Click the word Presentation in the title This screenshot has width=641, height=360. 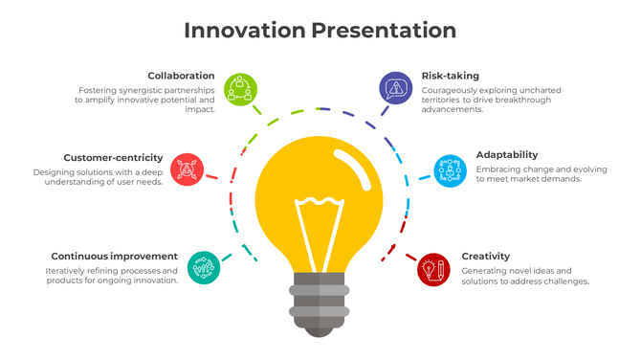pyautogui.click(x=383, y=30)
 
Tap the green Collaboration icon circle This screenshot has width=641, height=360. pyautogui.click(x=240, y=88)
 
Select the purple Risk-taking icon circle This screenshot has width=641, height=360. pyautogui.click(x=395, y=88)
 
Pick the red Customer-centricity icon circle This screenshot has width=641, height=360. pyautogui.click(x=188, y=169)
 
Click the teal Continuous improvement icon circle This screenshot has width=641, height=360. pyautogui.click(x=204, y=267)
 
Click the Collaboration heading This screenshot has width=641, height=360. pyautogui.click(x=181, y=76)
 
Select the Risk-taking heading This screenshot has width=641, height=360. pyautogui.click(x=450, y=76)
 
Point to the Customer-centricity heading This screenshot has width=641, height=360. pyautogui.click(x=113, y=158)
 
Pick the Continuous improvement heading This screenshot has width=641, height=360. pyautogui.click(x=114, y=257)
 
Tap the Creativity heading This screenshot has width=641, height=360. pyautogui.click(x=486, y=257)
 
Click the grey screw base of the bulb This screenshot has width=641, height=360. pyautogui.click(x=320, y=304)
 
